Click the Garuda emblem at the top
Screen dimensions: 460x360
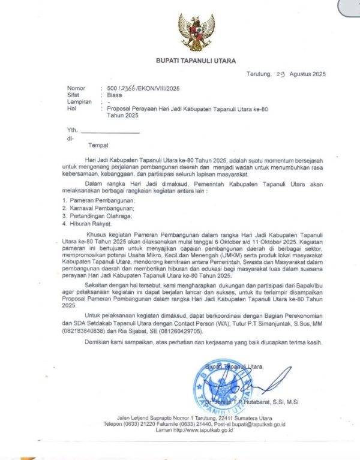tap(196, 30)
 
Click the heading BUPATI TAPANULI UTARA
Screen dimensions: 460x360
tap(196, 61)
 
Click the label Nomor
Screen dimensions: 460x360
tap(76, 88)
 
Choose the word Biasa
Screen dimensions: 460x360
tap(114, 95)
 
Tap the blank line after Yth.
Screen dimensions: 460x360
tap(110, 131)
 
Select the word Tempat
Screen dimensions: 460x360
tap(98, 145)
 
